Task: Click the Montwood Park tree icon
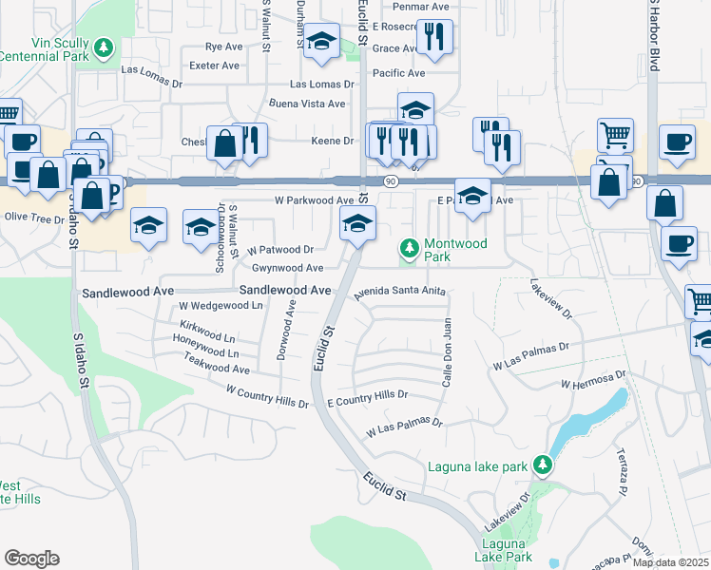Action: point(410,249)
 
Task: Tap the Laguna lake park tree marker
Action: point(543,465)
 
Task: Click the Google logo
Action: point(31,559)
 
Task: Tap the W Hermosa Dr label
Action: point(594,381)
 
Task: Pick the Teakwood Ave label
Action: point(216,369)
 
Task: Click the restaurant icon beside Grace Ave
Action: point(434,36)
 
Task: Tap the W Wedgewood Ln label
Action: point(221,306)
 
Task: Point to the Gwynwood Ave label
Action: point(287,269)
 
